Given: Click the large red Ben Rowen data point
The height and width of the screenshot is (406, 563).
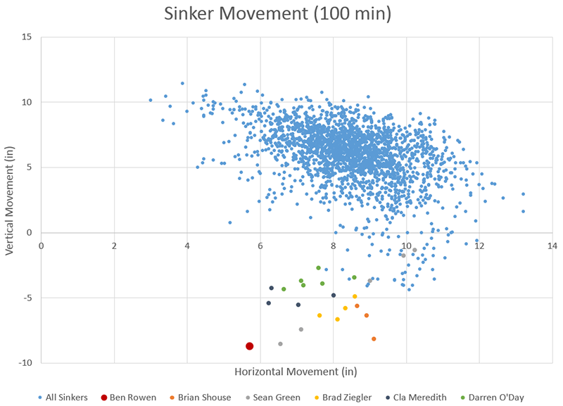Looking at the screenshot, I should [250, 345].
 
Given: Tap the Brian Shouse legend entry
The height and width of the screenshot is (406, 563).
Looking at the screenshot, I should [201, 398].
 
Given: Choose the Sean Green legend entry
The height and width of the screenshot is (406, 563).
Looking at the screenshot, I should [272, 398].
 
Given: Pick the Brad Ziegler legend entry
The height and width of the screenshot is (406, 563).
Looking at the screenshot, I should [341, 398].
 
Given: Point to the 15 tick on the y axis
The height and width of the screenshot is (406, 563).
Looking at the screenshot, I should [27, 37].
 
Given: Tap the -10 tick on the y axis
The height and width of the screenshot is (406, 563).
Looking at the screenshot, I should [25, 363].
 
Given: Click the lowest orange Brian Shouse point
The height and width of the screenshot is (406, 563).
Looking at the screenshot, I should [374, 338].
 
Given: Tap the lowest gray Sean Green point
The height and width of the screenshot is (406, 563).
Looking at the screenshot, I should [280, 343].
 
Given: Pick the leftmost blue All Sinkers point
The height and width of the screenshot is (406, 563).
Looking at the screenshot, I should [151, 100].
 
